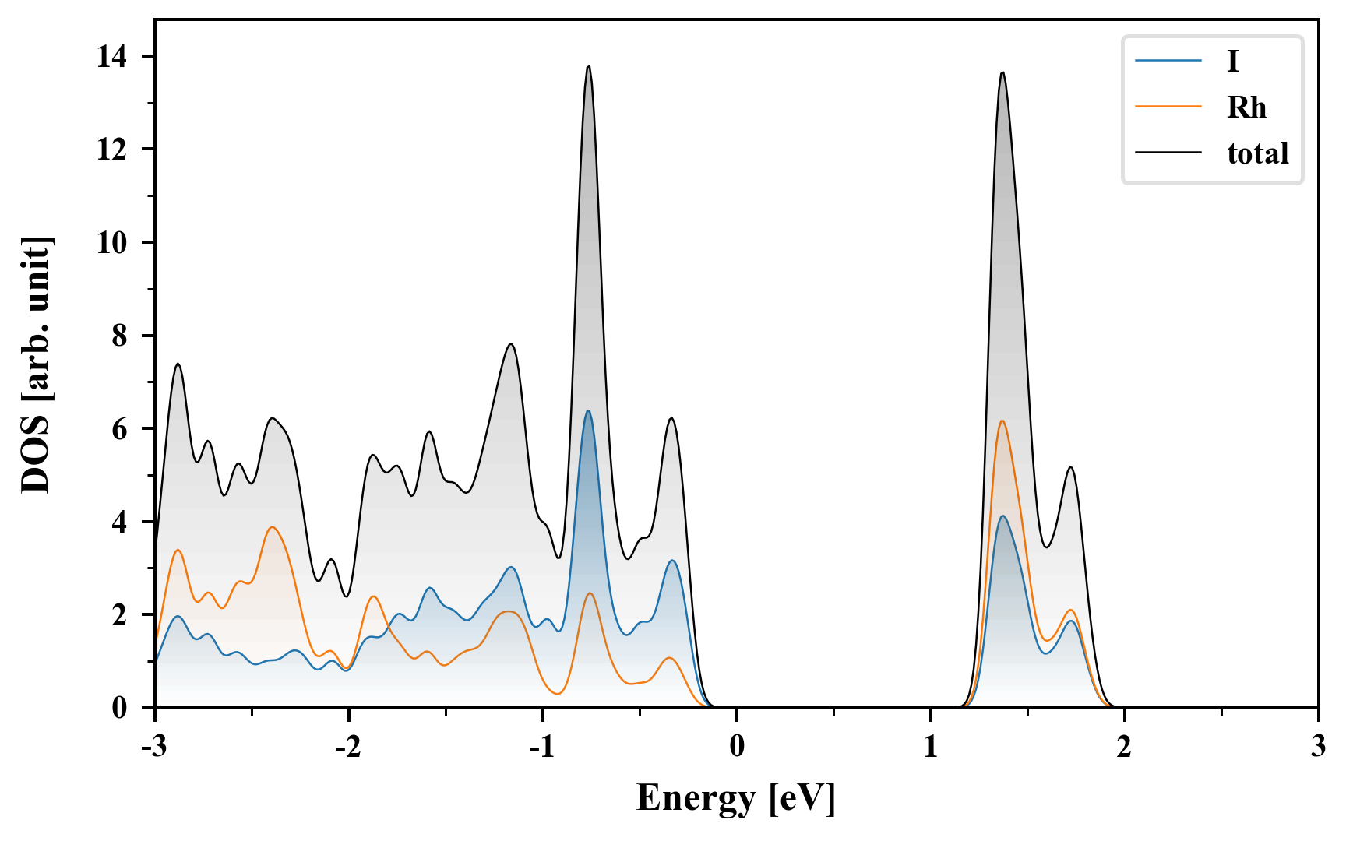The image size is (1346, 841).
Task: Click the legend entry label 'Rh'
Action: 1246,107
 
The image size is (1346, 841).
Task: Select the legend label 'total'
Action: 1257,153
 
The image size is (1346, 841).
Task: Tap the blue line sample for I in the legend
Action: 1168,61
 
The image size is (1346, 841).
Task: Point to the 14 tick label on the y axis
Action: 112,57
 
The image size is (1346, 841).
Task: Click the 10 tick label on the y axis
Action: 112,243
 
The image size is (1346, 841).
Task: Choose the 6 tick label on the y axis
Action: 119,429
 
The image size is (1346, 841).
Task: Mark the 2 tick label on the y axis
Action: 119,615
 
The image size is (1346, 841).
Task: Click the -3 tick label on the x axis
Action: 155,747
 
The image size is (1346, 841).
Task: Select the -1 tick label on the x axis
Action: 542,747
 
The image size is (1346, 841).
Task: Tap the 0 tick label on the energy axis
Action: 737,747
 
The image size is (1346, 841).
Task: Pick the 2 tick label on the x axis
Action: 1124,747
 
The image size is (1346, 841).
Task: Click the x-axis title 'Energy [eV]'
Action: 736,798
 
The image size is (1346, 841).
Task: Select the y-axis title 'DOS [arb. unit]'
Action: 36,364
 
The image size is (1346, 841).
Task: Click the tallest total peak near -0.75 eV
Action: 589,66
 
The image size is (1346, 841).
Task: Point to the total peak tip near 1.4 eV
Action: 1002,72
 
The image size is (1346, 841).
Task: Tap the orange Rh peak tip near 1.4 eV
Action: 1002,421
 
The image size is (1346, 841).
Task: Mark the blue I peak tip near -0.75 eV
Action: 588,411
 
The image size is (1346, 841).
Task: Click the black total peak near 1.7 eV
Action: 1071,467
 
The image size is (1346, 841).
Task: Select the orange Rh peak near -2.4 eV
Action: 272,527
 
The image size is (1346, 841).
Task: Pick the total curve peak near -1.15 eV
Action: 511,344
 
